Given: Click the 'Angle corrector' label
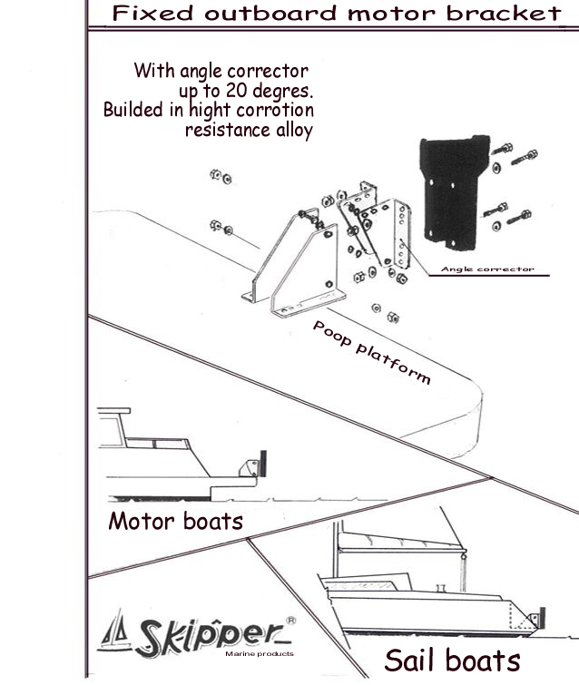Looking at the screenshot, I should [486, 269].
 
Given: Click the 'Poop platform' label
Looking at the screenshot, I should [371, 352].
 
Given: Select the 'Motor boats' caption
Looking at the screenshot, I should [175, 522].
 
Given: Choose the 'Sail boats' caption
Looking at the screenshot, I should [452, 660].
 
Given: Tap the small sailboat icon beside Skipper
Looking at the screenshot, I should [117, 631].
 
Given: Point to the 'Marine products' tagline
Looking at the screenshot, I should [258, 653].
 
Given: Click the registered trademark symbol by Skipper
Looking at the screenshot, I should [289, 621].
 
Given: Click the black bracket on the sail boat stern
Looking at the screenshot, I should [544, 617].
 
